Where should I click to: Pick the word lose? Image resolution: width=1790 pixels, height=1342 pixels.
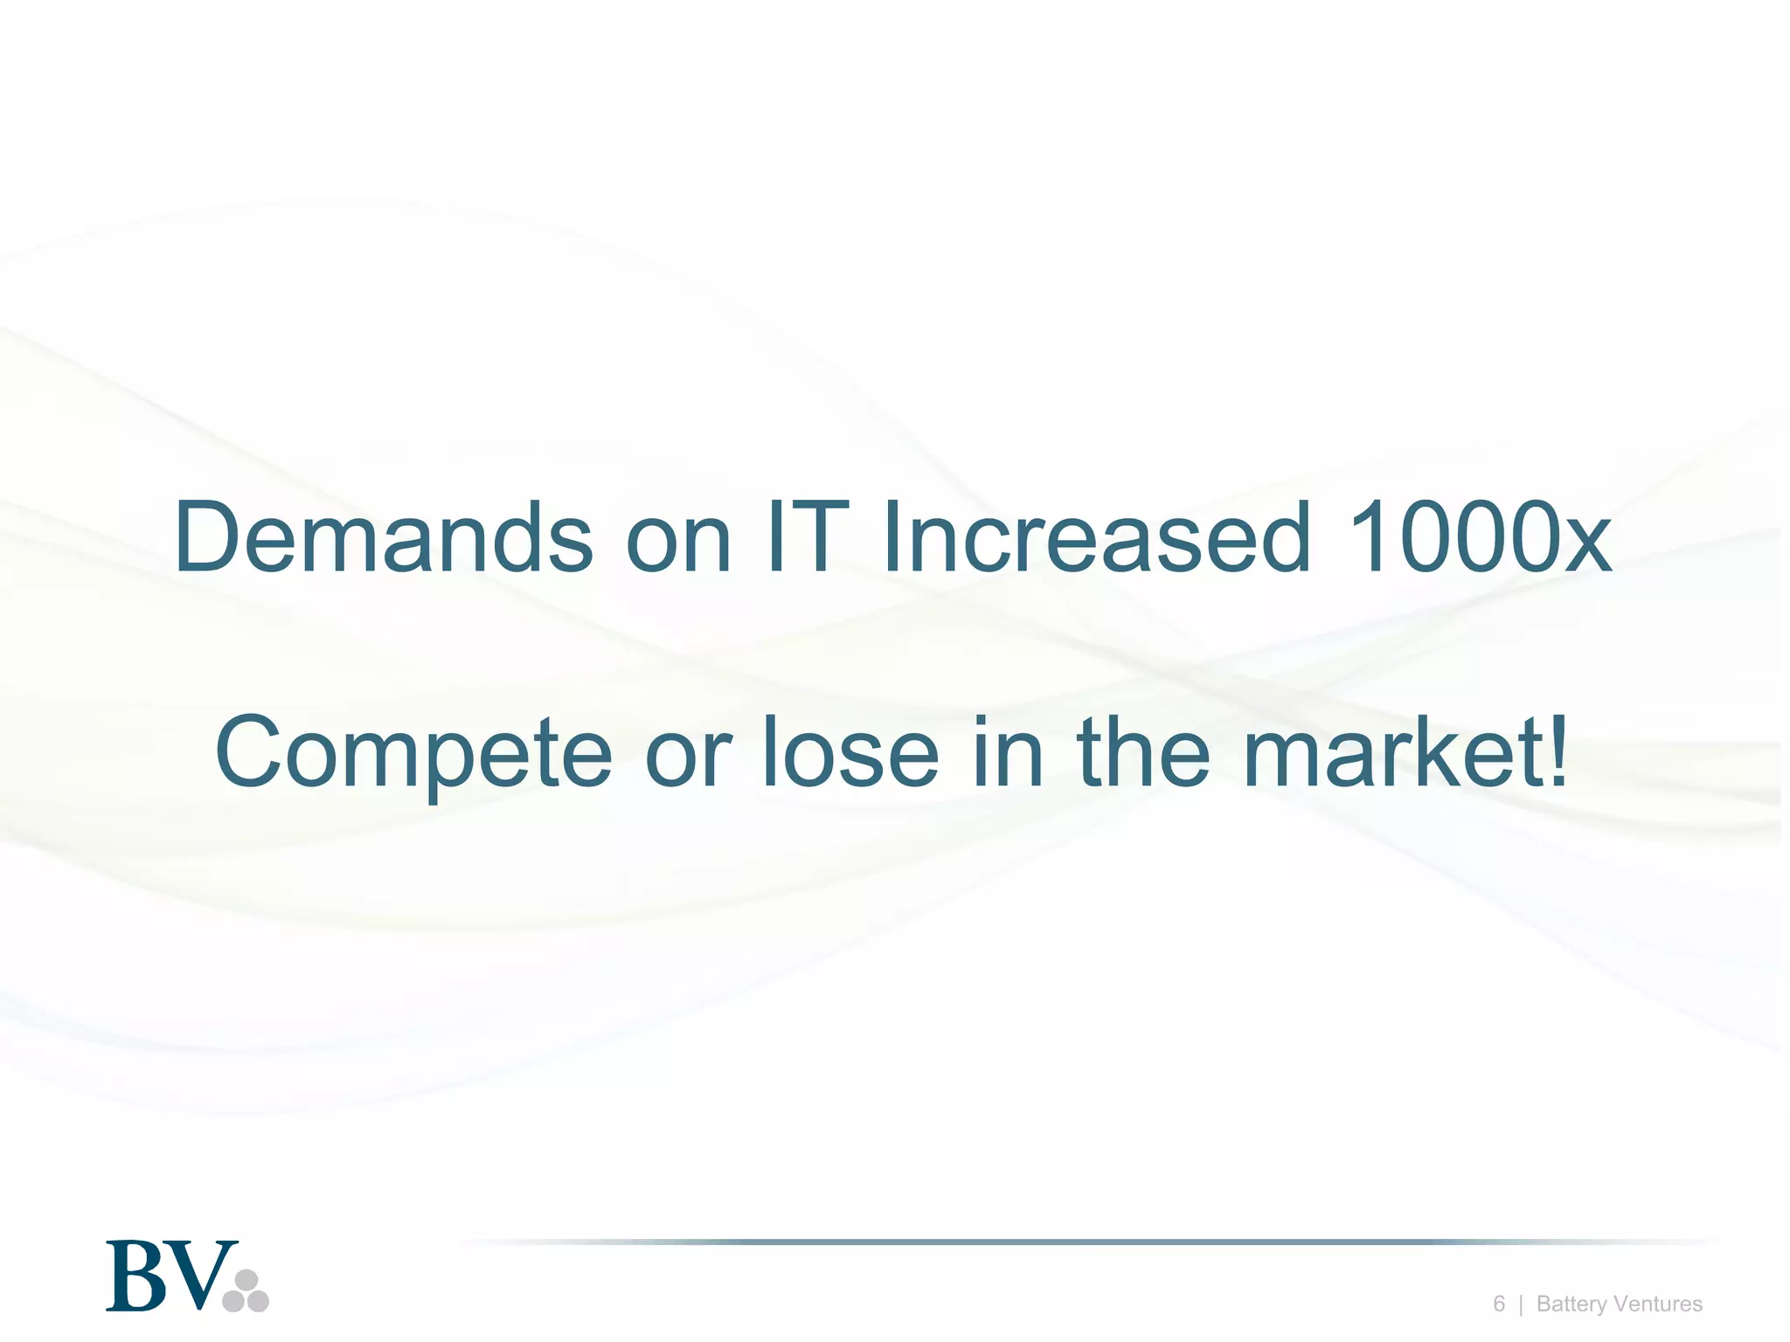pos(850,751)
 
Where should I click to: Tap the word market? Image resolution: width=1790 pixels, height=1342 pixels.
pos(1393,751)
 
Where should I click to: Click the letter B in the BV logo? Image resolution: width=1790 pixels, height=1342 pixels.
pos(138,1276)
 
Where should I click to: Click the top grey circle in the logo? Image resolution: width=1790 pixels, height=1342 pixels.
pos(246,1281)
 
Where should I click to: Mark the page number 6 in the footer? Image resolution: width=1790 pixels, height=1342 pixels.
pos(1499,1304)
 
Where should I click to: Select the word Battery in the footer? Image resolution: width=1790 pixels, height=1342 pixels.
pos(1571,1304)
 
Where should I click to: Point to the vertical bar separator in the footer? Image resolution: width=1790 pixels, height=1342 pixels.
pos(1521,1304)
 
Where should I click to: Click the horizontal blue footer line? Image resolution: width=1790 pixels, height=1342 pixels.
pos(1084,1242)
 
